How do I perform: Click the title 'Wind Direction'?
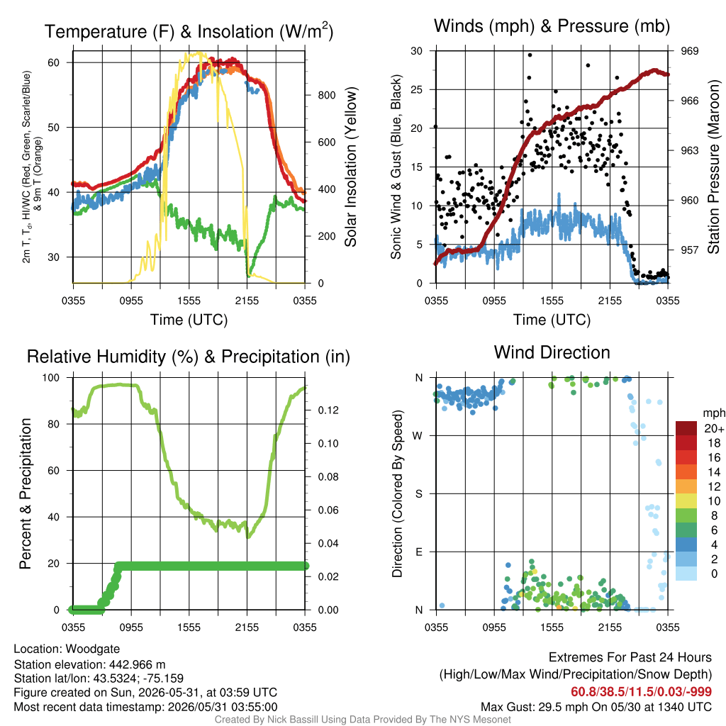coord(552,353)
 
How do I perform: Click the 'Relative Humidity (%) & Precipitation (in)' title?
coord(189,357)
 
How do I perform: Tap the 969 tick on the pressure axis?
coord(689,51)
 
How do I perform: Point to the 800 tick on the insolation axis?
coord(326,96)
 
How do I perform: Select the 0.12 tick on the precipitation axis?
coord(328,411)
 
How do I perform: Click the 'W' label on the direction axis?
coord(418,436)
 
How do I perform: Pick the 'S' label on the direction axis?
coord(418,494)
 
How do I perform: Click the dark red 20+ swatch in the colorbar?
coord(686,428)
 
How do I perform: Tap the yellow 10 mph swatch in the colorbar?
coord(686,501)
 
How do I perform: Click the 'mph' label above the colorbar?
coord(713,413)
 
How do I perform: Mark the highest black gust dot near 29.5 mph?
coord(530,55)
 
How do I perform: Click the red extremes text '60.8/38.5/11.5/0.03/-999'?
coord(641,692)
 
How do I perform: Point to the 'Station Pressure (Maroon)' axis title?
coord(713,167)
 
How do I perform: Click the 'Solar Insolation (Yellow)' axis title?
coord(350,167)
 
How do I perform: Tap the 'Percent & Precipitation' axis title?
coord(25,493)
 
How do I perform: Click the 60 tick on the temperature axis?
coord(54,62)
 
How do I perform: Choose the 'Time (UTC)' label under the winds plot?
coord(552,320)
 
